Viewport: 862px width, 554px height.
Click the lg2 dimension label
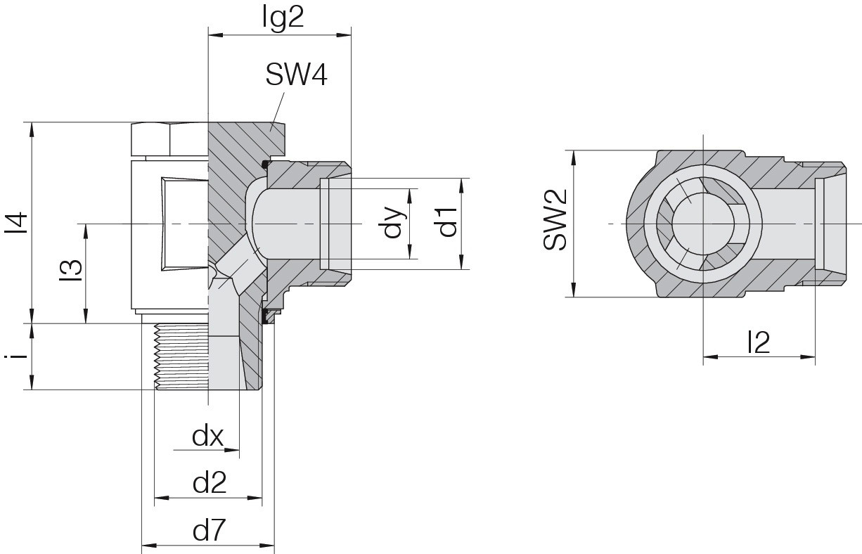283,18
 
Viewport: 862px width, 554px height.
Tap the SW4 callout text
296,75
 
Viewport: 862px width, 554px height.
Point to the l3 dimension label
71,271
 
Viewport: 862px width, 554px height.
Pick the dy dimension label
393,223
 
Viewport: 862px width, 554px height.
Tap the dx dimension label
208,437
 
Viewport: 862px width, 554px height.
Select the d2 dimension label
210,484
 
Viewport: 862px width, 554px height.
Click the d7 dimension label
209,531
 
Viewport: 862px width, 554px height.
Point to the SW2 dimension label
555,219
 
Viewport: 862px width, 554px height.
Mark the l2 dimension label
759,342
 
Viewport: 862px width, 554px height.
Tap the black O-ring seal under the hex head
265,165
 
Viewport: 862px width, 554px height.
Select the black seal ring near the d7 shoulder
264,316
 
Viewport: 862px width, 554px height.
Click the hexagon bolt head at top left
169,139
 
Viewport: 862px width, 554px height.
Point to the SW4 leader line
278,111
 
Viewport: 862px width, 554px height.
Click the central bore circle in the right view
704,224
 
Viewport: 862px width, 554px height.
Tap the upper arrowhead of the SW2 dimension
574,157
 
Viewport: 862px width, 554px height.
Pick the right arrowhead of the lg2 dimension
344,35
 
